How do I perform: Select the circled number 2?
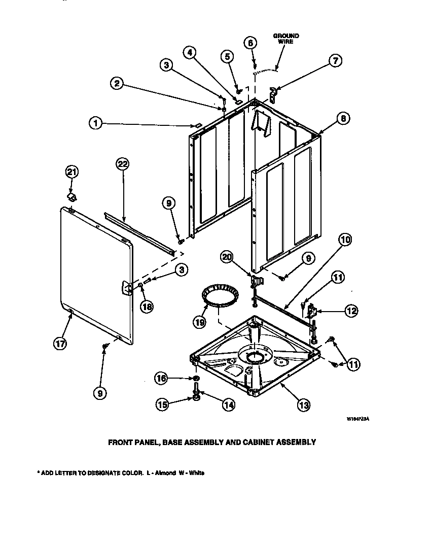point(117,84)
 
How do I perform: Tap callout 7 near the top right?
point(335,61)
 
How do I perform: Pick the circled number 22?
point(122,163)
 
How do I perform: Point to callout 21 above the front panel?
point(72,172)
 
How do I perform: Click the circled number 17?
point(60,343)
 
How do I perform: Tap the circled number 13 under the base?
point(303,404)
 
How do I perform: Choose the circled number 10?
point(345,239)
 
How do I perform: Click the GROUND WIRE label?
point(286,39)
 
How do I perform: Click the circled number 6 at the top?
point(249,43)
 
